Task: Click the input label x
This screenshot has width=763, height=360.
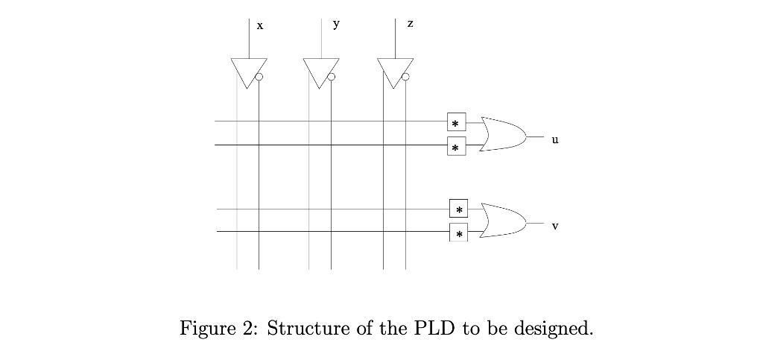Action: (x=259, y=26)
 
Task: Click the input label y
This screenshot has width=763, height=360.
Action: (x=336, y=24)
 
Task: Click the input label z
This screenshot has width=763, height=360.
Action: (x=410, y=25)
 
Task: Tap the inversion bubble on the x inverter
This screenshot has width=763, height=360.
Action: (x=259, y=77)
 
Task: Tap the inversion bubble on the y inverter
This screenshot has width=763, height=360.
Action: (x=331, y=77)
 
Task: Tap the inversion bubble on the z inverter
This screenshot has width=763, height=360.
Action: (x=405, y=77)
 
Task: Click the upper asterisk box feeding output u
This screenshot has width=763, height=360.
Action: (x=456, y=122)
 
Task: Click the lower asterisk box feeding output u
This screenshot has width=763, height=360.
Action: (x=456, y=147)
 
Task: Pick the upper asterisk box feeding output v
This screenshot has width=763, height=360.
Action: (x=458, y=209)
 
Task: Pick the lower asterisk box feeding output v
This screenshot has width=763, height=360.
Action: (x=458, y=233)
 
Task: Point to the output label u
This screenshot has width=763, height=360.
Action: (x=554, y=139)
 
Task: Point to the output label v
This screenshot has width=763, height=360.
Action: (x=554, y=225)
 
